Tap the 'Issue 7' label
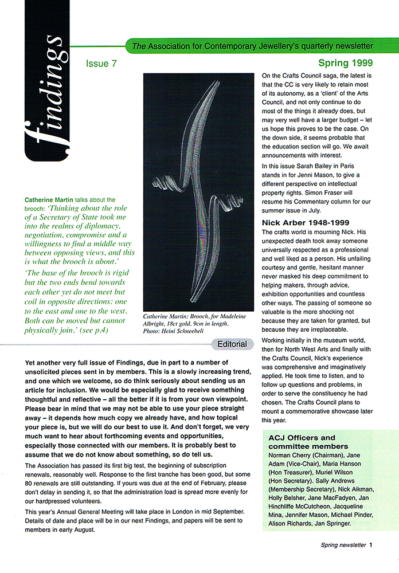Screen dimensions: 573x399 pyautogui.click(x=101, y=64)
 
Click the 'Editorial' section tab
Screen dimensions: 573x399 pyautogui.click(x=232, y=344)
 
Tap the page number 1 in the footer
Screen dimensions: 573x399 pyautogui.click(x=371, y=545)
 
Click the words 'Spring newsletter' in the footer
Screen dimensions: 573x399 pyautogui.click(x=343, y=545)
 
